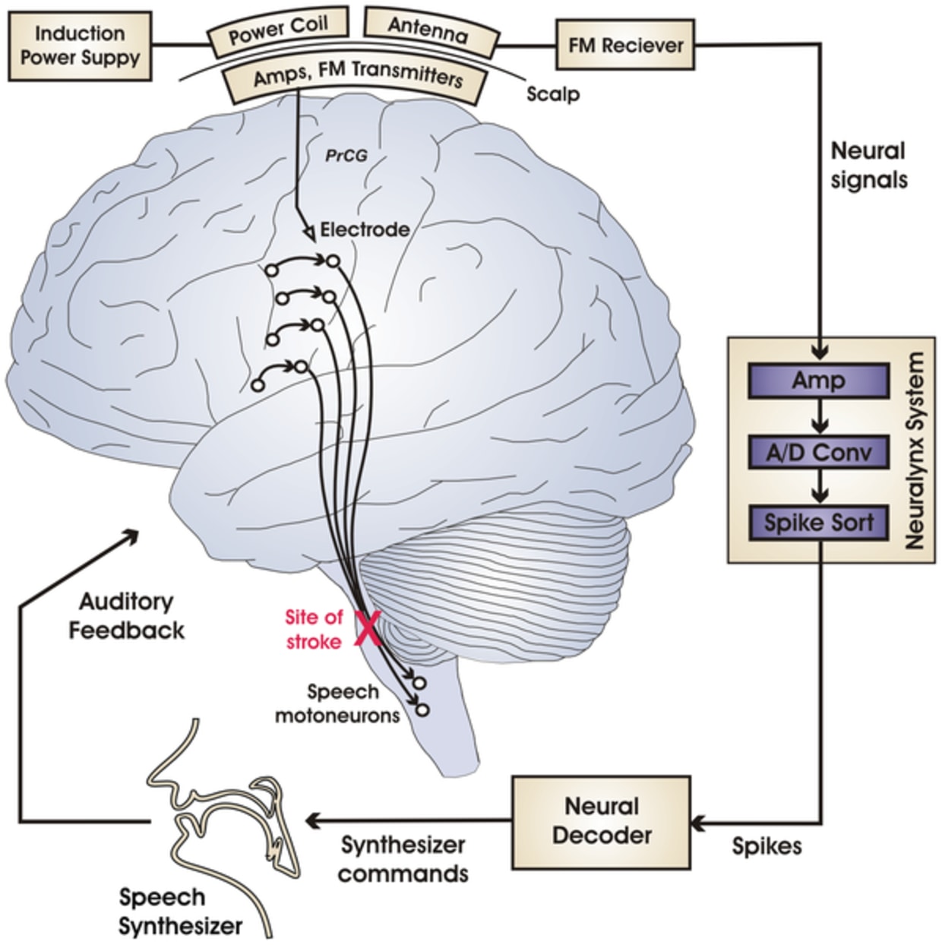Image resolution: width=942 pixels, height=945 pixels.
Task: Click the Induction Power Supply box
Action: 80,46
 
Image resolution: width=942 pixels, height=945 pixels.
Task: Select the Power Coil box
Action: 279,31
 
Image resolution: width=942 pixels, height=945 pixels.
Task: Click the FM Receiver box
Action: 626,46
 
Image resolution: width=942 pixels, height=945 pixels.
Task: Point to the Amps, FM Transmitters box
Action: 357,80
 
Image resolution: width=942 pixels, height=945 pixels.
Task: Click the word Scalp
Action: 553,94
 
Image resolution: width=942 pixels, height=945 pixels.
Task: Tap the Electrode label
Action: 365,229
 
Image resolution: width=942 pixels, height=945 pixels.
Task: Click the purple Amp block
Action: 818,381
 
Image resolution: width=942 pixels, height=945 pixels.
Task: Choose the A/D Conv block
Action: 818,453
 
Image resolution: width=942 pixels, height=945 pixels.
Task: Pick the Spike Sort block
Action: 818,523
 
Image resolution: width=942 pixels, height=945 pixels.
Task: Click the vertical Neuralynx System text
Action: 915,450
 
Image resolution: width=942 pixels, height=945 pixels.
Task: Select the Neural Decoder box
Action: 602,821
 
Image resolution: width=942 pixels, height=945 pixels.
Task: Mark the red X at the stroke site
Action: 368,631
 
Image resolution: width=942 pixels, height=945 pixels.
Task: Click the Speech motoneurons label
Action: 338,703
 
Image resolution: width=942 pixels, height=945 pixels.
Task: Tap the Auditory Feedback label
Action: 127,616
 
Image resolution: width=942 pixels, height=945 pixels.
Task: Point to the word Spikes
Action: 767,846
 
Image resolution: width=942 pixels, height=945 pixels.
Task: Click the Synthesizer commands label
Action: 403,859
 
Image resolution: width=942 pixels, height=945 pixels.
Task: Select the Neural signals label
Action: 868,165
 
